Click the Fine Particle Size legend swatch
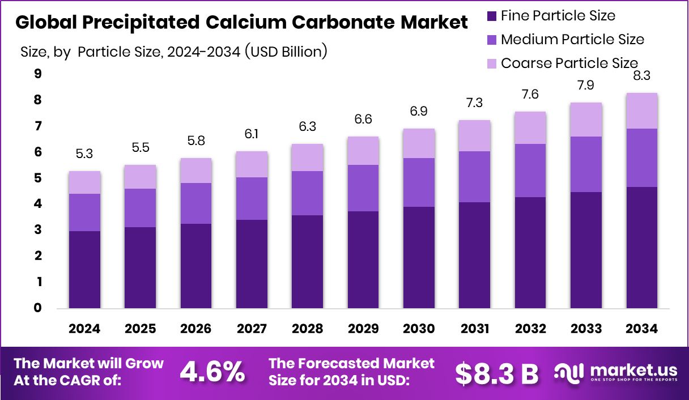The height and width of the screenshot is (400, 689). [x=491, y=16]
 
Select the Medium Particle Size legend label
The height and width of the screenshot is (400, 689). [x=572, y=39]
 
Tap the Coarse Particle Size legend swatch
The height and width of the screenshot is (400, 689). [x=491, y=63]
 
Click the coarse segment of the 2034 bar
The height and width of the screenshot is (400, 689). [x=641, y=111]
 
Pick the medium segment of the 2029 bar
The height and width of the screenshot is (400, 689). [x=363, y=188]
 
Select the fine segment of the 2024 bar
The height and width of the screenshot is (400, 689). [x=84, y=270]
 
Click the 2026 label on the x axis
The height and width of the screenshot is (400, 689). [x=196, y=329]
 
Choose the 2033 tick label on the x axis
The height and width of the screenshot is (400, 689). [x=586, y=329]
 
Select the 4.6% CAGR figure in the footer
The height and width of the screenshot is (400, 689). [x=212, y=372]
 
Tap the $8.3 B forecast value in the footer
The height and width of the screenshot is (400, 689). [x=496, y=372]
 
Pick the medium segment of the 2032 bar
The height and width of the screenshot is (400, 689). [x=530, y=171]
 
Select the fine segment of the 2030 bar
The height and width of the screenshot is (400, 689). [x=419, y=258]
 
